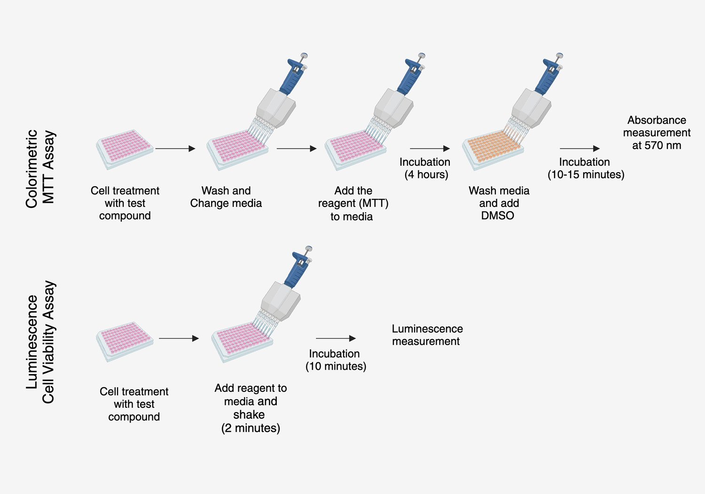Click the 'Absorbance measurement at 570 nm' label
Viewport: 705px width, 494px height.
(x=657, y=133)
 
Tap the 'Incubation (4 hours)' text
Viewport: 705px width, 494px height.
(x=425, y=168)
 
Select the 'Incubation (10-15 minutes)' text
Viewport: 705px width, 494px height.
(x=585, y=168)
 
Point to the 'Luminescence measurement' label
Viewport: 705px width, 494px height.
(x=427, y=335)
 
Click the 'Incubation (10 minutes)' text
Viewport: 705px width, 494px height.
(x=335, y=360)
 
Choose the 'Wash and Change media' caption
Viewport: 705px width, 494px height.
(x=226, y=197)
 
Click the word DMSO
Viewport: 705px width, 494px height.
(x=497, y=216)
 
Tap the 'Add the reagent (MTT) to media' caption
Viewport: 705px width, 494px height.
(x=353, y=203)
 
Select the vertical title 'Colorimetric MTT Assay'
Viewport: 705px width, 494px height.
(x=40, y=168)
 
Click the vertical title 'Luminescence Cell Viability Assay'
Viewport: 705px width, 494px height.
(x=40, y=342)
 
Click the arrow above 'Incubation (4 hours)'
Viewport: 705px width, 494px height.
(x=429, y=149)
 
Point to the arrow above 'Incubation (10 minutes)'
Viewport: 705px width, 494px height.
(x=335, y=338)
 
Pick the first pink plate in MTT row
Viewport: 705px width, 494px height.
(x=125, y=149)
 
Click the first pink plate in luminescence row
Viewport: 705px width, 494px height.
(x=125, y=341)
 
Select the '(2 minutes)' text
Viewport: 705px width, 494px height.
(x=251, y=428)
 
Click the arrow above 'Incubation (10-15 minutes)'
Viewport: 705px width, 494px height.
(x=579, y=149)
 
